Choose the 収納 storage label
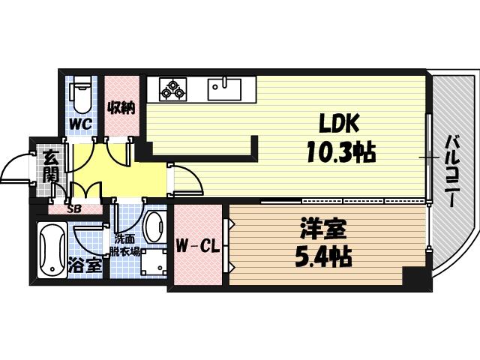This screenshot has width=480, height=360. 121,107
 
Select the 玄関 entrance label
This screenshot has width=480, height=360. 49,167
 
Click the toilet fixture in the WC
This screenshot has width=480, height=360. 81,94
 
